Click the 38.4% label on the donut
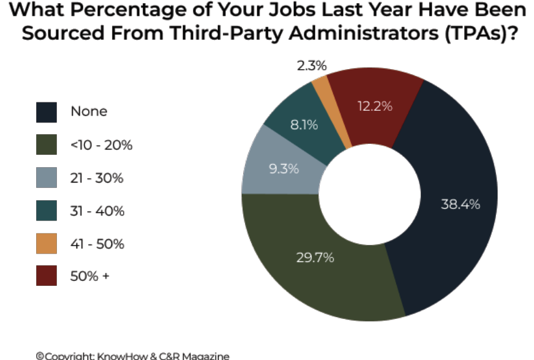tap(461, 204)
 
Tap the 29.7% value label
tap(315, 258)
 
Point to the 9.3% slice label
tap(284, 168)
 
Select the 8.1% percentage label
tap(304, 125)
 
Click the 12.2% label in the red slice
tap(375, 107)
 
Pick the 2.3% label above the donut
tap(312, 66)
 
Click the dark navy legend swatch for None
tap(47, 112)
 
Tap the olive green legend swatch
tap(47, 144)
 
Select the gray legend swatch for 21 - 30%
tap(47, 178)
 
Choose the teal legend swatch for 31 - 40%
tap(47, 211)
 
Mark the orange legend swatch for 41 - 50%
tap(47, 244)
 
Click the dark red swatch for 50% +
tap(47, 276)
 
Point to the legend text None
tap(89, 111)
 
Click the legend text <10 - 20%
tap(101, 145)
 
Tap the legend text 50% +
tap(89, 276)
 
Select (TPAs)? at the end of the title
tap(481, 33)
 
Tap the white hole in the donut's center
tap(369, 194)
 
